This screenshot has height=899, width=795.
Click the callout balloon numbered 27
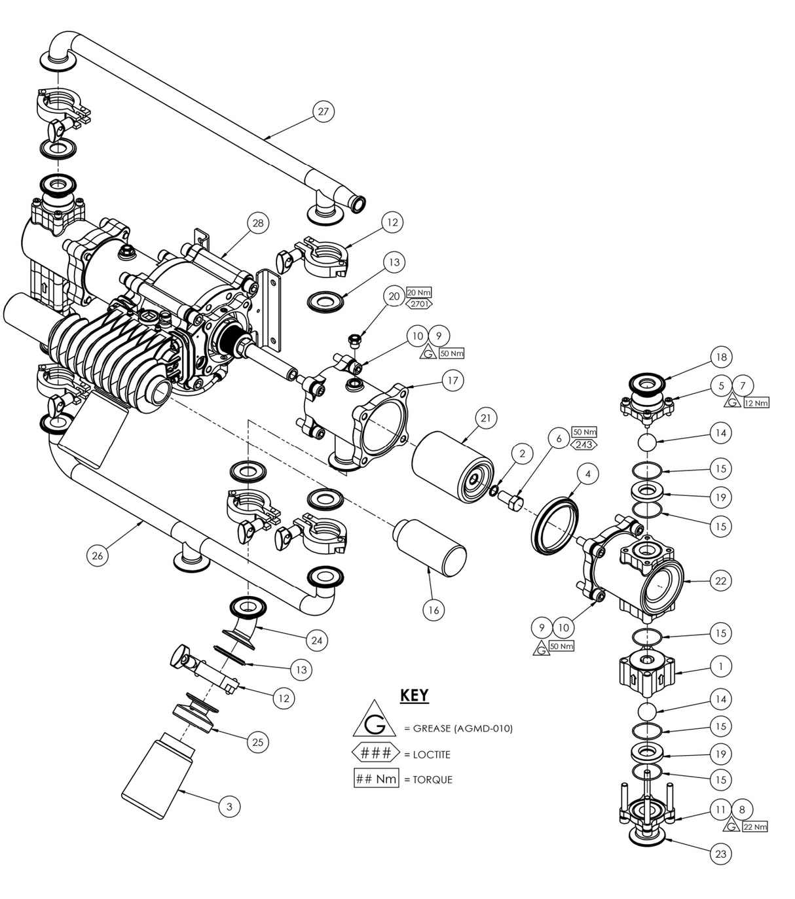click(x=323, y=111)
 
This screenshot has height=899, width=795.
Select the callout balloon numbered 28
click(x=258, y=223)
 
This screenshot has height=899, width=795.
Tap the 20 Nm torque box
click(x=419, y=292)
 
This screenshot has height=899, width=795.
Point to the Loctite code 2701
click(x=419, y=304)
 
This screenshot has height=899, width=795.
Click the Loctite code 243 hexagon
click(x=583, y=444)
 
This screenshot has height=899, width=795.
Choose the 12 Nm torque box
click(x=756, y=403)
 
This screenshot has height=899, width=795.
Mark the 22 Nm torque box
click(x=754, y=827)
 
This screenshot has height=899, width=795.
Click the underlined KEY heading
click(x=414, y=696)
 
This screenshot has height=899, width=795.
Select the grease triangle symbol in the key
click(x=375, y=721)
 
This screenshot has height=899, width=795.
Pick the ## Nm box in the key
click(x=376, y=779)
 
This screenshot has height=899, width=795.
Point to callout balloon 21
click(x=486, y=418)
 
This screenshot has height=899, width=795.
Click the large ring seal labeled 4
click(x=555, y=525)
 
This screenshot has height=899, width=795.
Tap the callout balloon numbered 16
click(x=434, y=610)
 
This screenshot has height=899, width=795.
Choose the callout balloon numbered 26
click(x=98, y=555)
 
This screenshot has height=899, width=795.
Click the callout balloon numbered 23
click(x=720, y=854)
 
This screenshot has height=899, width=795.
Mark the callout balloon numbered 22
click(x=720, y=580)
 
